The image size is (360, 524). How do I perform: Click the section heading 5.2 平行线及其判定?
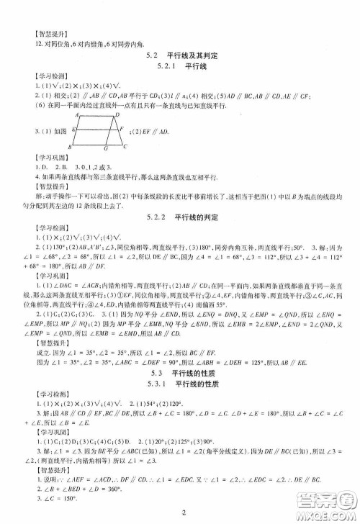(x=181, y=55)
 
